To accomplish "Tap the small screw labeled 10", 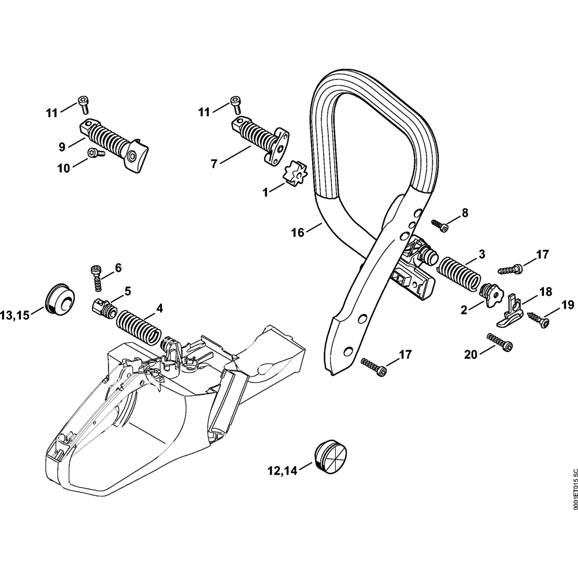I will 95,153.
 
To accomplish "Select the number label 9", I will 62,146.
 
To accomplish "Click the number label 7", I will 214,164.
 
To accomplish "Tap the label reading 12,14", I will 281,470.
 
